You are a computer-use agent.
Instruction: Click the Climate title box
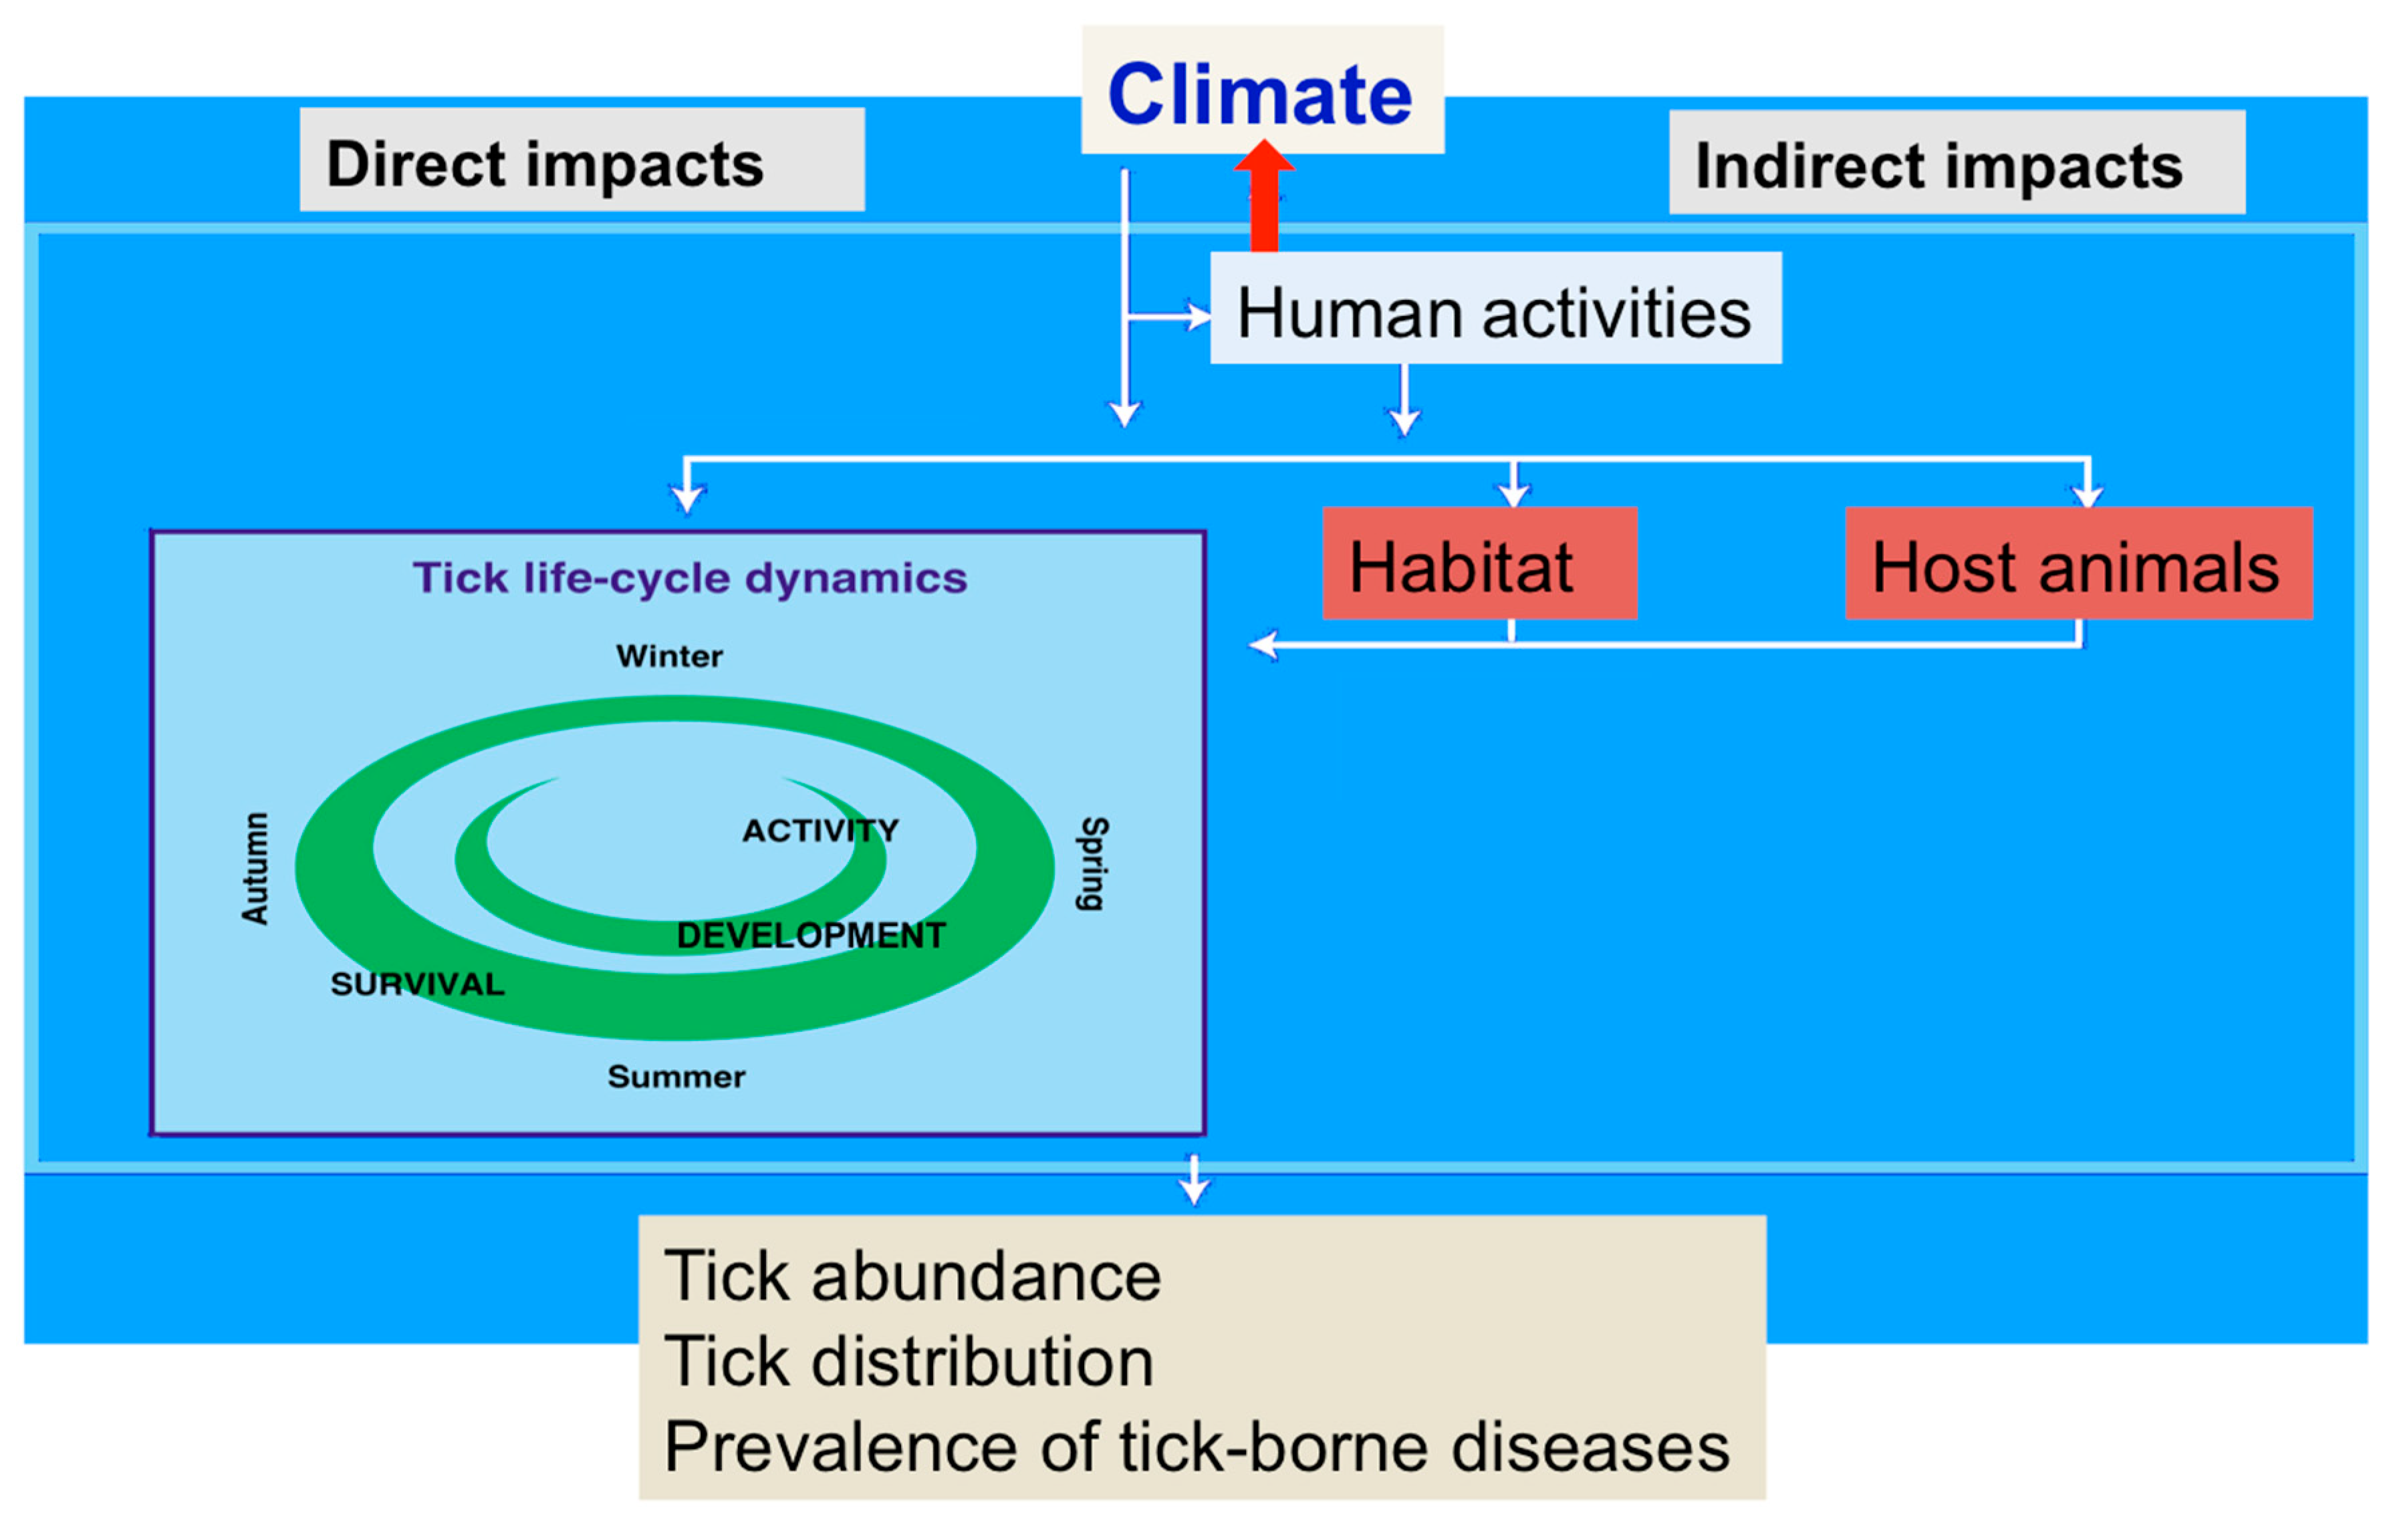pos(1261,92)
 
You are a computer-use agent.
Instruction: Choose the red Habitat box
pos(1479,565)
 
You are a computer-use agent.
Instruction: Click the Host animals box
pos(2077,565)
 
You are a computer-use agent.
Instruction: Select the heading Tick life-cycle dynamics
pos(689,577)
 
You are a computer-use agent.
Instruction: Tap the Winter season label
pos(669,656)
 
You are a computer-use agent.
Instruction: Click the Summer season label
pos(676,1077)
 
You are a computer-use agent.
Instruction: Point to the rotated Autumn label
pos(255,868)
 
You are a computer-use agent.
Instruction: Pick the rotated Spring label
pos(1093,863)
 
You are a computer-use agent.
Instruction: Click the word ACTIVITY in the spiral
pos(820,830)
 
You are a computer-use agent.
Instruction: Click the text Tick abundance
pos(912,1276)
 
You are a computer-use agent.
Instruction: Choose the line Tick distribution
pos(908,1361)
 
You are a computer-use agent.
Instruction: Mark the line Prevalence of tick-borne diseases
pos(1196,1447)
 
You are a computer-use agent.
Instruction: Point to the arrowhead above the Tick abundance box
pos(1193,1190)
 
